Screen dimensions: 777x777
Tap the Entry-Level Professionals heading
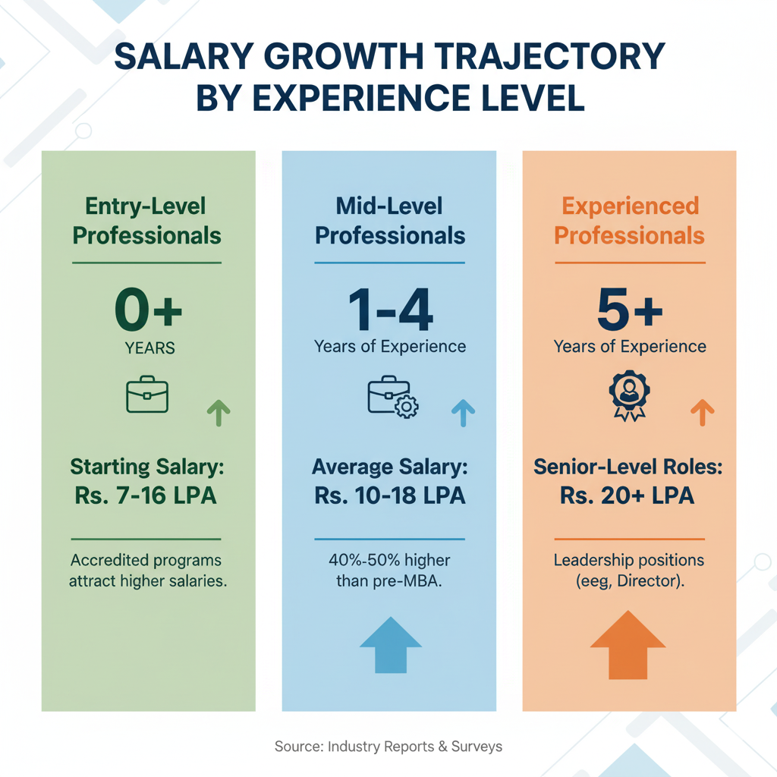click(x=146, y=220)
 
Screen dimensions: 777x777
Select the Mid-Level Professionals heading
click(x=389, y=220)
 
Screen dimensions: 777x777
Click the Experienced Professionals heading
click(x=629, y=220)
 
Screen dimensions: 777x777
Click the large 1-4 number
click(x=390, y=311)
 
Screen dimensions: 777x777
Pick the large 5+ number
click(x=630, y=311)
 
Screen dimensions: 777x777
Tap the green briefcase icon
click(x=147, y=395)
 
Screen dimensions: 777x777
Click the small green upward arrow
click(x=219, y=413)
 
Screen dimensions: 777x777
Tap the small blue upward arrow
click(x=463, y=413)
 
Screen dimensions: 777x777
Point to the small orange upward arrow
click(x=703, y=413)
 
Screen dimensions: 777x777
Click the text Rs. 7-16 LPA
click(x=146, y=496)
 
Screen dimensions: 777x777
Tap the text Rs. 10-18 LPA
click(x=389, y=496)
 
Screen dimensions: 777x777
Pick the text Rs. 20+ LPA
click(x=628, y=496)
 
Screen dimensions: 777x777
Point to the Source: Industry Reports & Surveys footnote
click(x=388, y=746)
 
